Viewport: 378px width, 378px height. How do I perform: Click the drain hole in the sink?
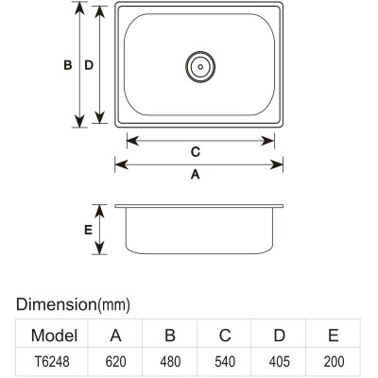click(200, 67)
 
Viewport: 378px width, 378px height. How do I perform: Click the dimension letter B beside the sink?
click(68, 65)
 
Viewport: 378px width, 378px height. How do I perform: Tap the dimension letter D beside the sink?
click(89, 65)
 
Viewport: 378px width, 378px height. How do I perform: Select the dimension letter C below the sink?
click(196, 152)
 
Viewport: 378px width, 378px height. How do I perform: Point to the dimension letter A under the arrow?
click(196, 174)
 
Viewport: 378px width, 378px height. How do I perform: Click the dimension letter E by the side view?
click(88, 230)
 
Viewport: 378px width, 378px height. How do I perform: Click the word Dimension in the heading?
click(56, 304)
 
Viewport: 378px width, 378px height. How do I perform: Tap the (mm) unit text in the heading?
click(113, 305)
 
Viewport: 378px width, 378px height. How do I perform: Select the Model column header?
click(54, 335)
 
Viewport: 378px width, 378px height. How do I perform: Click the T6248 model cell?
click(52, 362)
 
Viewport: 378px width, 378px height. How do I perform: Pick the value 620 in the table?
click(116, 362)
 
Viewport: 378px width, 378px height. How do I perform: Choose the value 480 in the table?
click(170, 362)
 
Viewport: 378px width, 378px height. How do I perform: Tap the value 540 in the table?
click(225, 362)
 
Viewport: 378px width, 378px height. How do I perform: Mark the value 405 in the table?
click(280, 362)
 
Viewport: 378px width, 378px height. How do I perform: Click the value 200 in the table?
click(334, 362)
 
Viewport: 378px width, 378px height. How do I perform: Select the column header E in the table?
click(334, 335)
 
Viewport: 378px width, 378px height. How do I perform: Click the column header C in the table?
click(225, 335)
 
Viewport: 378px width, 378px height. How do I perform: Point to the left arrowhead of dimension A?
click(121, 164)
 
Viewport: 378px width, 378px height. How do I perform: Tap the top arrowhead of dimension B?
click(79, 8)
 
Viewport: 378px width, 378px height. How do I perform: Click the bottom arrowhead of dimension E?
click(99, 249)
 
